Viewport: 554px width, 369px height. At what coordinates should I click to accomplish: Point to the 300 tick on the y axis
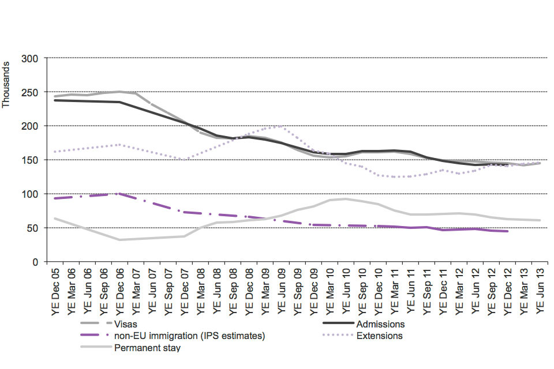30,58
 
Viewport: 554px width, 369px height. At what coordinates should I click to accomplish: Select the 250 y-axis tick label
30,92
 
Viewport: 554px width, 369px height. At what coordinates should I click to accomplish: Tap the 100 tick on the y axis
30,194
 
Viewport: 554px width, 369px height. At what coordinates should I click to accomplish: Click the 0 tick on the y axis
35,262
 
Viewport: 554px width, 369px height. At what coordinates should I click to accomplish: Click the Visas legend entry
126,324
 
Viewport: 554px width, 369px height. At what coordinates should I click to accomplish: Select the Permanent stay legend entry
147,348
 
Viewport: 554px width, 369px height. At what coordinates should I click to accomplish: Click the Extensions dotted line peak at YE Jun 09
281,125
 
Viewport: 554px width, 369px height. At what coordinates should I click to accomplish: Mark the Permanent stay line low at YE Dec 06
119,240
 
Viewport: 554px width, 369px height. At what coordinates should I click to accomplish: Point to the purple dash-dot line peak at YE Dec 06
119,194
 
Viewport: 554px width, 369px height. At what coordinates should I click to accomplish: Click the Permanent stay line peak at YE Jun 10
346,199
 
